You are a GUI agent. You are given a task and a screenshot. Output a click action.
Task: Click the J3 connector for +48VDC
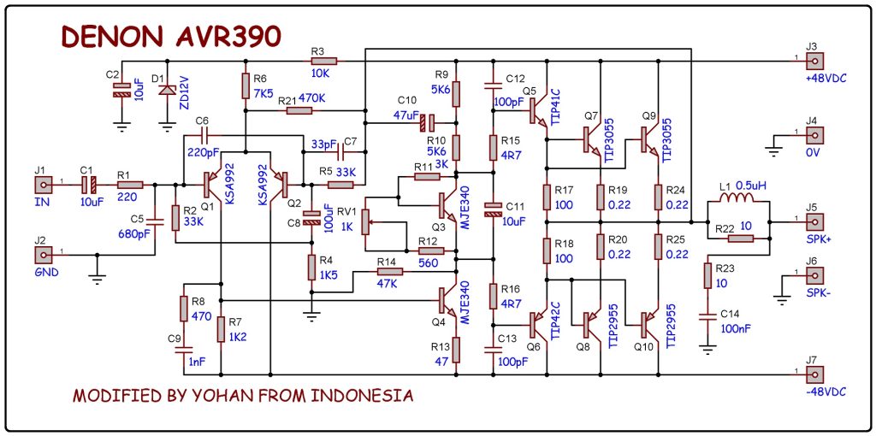(814, 62)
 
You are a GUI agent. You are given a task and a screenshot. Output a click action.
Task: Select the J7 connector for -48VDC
(814, 374)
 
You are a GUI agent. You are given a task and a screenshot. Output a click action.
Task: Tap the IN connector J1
(40, 184)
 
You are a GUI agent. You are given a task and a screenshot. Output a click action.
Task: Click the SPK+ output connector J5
(814, 222)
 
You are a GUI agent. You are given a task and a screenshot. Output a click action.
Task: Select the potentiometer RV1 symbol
(365, 221)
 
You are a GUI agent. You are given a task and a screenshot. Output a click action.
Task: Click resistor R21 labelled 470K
(299, 110)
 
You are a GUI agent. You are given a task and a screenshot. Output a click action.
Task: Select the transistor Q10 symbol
(647, 324)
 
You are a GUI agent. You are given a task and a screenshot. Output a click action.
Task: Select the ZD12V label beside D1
(185, 91)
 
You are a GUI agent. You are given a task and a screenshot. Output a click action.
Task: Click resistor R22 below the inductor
(740, 239)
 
